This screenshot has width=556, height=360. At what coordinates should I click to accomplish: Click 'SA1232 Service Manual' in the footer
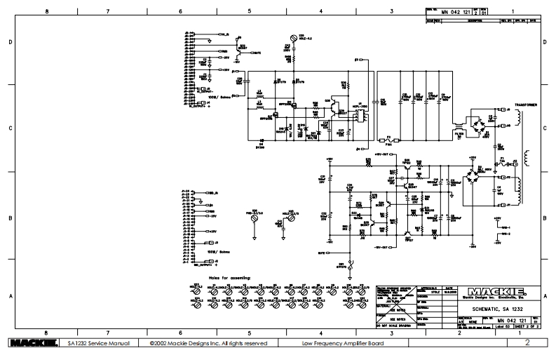click(90, 343)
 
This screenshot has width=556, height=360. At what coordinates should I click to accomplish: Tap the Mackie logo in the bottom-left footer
click(28, 343)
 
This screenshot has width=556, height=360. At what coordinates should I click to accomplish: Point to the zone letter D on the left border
click(10, 42)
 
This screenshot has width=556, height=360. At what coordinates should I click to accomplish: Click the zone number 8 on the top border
click(46, 11)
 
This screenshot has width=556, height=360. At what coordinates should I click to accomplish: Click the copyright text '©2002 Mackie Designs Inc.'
click(208, 343)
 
